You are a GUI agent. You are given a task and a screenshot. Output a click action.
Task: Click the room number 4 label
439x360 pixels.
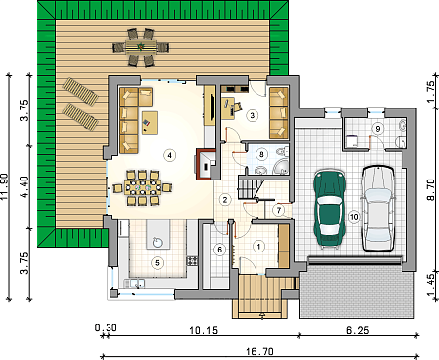coord(170,155)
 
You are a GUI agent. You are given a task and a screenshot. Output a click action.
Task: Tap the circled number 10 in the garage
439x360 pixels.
coord(354,217)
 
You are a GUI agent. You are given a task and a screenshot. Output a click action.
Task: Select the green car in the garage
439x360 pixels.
coord(329,208)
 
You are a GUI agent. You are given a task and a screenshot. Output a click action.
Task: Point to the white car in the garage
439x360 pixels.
coord(378,208)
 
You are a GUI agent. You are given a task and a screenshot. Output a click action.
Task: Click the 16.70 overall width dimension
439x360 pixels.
coord(259,351)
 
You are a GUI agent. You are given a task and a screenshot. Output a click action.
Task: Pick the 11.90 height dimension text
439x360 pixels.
coord(5,186)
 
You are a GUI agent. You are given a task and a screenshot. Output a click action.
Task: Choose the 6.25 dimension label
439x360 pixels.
coord(358,330)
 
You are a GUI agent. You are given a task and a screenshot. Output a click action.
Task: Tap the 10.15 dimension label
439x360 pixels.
coord(204,330)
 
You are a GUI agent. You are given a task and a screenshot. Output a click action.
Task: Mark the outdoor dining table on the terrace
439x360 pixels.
coord(141,47)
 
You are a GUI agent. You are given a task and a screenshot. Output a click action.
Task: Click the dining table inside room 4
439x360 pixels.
coord(143,188)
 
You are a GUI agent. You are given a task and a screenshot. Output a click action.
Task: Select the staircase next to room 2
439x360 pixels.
coord(251,187)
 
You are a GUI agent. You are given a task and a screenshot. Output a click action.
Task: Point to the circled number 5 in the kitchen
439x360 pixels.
coord(157,263)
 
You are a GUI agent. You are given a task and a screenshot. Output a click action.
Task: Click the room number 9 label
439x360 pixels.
coord(378,129)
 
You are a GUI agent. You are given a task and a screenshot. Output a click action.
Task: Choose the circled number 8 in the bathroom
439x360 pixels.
coord(261,154)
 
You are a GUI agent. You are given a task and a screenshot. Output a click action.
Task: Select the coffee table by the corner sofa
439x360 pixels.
coord(150,123)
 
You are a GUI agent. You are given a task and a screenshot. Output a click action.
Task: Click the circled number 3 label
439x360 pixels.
coord(253,115)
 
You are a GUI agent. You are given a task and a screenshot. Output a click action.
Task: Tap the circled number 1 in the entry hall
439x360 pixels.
coord(258,246)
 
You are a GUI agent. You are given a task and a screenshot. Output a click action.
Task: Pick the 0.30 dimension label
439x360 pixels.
coord(106,328)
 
